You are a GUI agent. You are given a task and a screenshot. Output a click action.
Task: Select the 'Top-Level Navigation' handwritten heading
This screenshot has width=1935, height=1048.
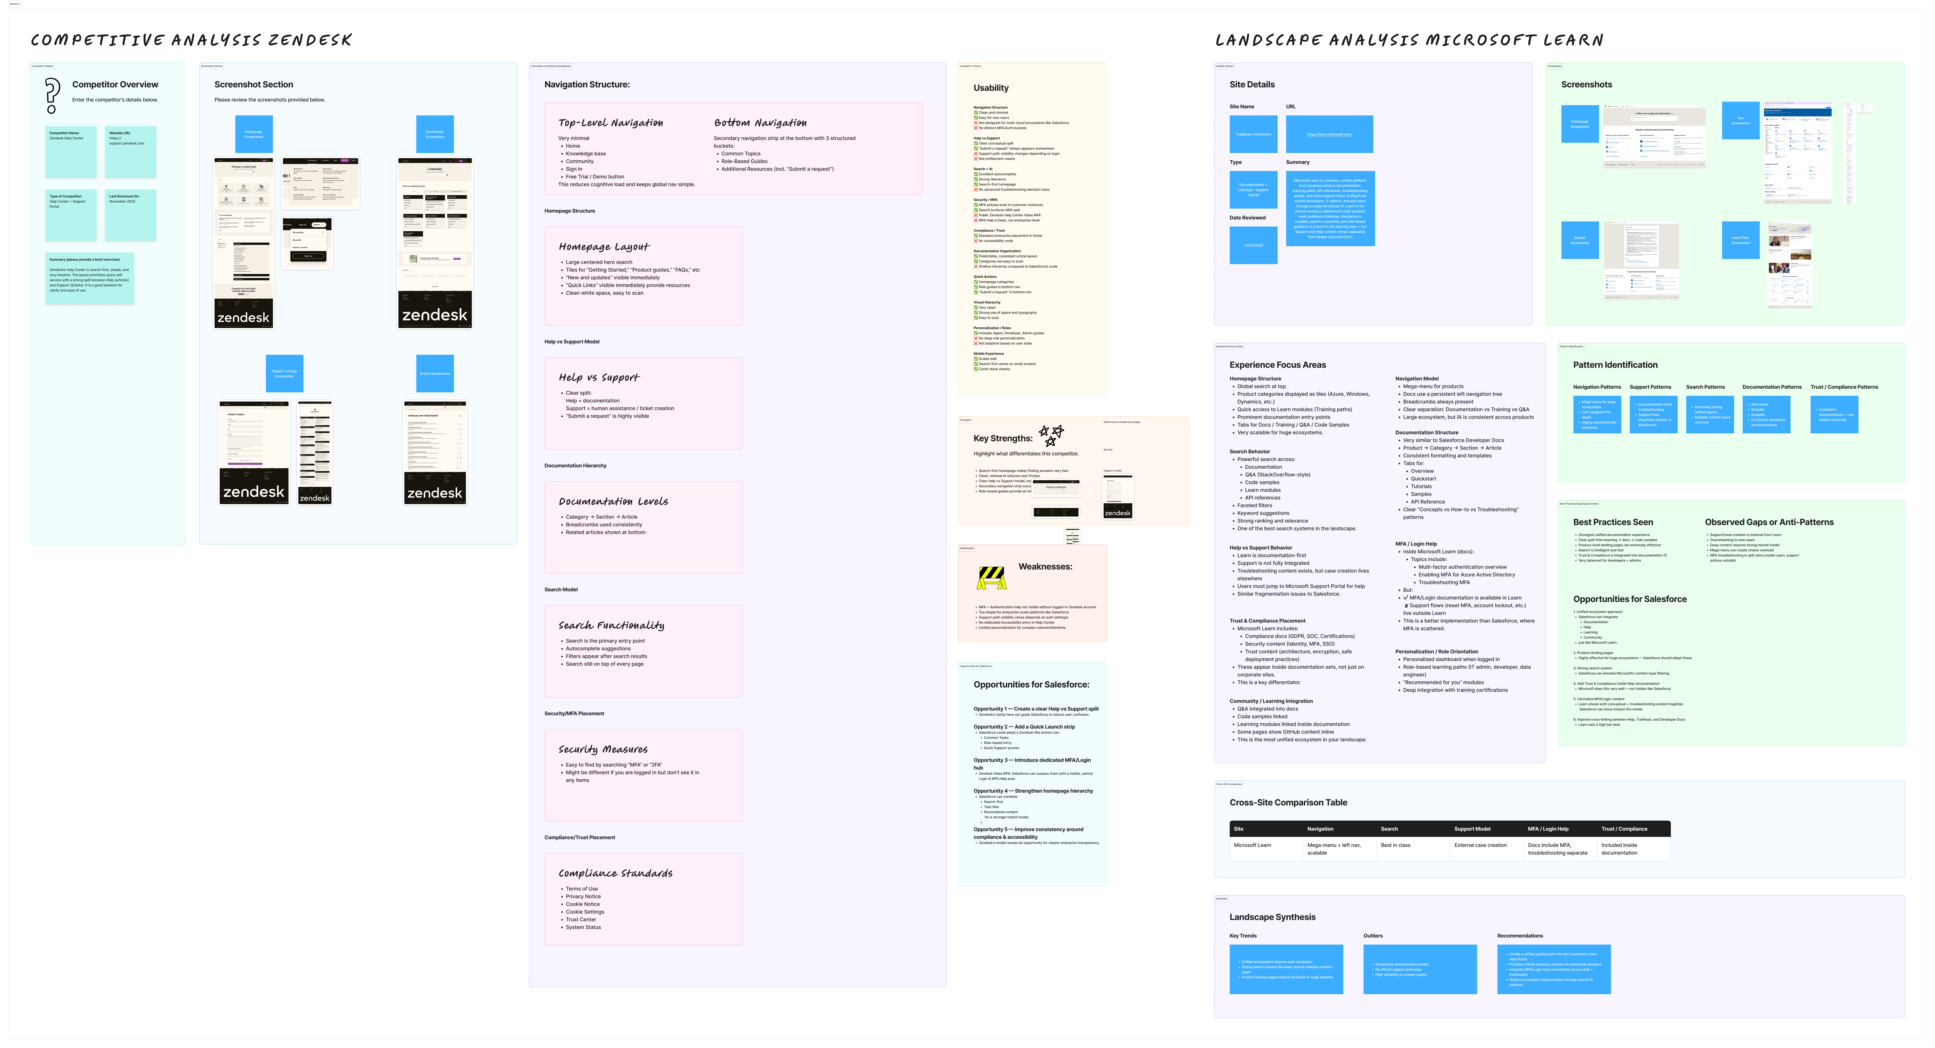tap(610, 122)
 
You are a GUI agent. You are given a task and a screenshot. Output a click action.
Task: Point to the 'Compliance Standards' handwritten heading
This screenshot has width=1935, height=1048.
tap(615, 873)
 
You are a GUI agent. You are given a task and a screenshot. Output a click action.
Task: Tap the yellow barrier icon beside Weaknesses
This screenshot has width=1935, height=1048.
tap(991, 577)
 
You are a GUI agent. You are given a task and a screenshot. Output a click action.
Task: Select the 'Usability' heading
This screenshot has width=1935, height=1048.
tap(991, 88)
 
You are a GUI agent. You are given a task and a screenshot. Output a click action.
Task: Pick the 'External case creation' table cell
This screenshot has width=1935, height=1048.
tap(1480, 845)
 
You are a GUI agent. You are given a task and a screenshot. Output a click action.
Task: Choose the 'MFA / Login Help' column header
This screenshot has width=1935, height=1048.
tap(1547, 829)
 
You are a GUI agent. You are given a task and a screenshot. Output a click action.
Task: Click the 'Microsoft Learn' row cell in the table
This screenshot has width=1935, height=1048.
tap(1252, 845)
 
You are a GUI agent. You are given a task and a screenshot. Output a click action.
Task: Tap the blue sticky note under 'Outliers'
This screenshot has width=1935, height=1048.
tap(1420, 969)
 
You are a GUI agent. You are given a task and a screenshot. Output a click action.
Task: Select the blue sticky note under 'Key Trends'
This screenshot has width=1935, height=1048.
tap(1286, 969)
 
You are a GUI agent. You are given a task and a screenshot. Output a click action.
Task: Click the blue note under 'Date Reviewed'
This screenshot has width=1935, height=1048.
tap(1253, 245)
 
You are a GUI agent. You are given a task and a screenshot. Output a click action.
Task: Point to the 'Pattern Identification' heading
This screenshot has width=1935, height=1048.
tap(1615, 365)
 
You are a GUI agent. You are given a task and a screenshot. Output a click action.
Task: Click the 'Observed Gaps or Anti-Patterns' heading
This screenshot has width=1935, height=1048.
tap(1769, 522)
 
